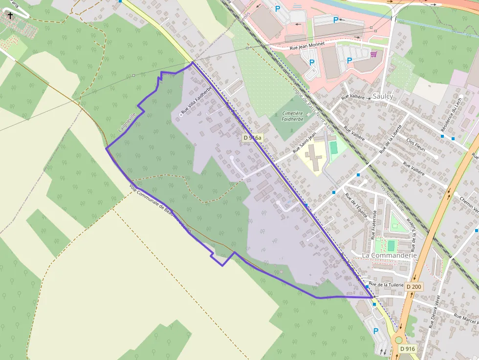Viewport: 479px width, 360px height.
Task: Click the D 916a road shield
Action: [x=252, y=138]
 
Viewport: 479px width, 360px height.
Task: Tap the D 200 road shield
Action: [x=414, y=287]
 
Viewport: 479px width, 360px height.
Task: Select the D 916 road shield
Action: [x=407, y=349]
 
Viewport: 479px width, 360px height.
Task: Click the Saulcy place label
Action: [x=382, y=96]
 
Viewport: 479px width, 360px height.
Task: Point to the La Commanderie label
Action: [x=390, y=255]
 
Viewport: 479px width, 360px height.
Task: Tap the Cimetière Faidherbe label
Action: [x=293, y=116]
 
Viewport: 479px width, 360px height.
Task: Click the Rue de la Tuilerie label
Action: [x=386, y=284]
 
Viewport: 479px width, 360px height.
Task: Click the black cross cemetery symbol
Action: [x=10, y=15]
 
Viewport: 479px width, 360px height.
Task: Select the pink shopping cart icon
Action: [x=374, y=54]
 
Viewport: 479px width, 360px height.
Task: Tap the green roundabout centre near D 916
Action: [x=399, y=340]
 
